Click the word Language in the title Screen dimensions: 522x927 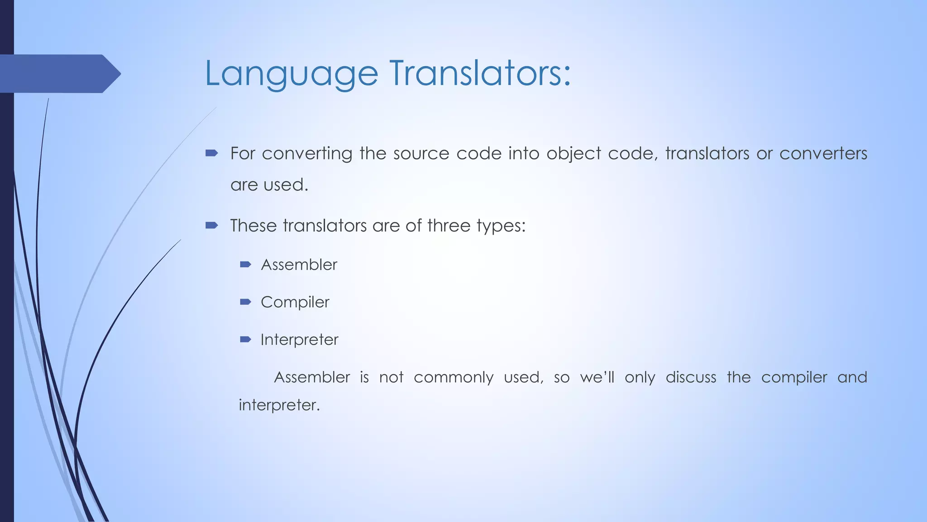[x=291, y=74]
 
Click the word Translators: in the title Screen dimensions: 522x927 [x=480, y=73]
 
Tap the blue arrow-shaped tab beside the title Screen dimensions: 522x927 [x=59, y=74]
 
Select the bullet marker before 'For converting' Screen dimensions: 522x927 [x=211, y=154]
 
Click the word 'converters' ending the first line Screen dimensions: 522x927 [x=823, y=154]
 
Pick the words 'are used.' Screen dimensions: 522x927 [x=269, y=185]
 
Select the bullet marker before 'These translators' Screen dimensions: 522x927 [x=211, y=225]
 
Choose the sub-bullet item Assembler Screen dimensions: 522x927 [x=299, y=265]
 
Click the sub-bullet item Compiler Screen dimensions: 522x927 [x=295, y=302]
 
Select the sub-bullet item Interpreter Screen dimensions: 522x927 [x=299, y=340]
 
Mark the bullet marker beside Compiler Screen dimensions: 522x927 [x=245, y=302]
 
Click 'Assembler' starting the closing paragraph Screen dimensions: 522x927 [x=312, y=377]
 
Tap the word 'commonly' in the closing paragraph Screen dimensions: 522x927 [x=453, y=377]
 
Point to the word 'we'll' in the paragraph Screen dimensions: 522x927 [x=597, y=377]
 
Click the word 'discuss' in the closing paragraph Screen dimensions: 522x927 [x=691, y=377]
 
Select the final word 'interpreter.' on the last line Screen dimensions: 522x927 [x=279, y=405]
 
